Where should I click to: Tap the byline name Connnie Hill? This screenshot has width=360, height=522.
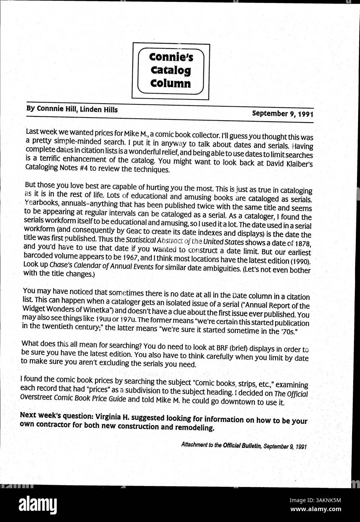(x=56, y=109)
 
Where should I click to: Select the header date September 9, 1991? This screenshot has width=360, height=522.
(x=282, y=113)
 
